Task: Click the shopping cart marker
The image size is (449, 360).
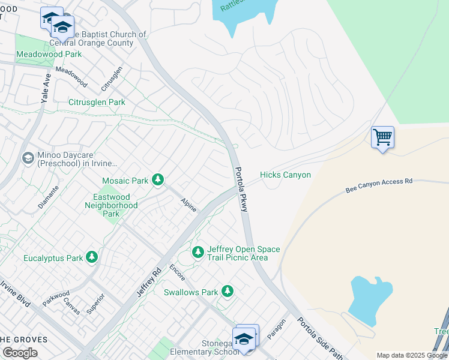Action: pos(382,137)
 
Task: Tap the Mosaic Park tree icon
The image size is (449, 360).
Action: pos(158,180)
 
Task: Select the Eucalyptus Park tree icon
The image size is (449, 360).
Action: pos(91,257)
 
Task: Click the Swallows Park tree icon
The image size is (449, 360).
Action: pos(227,291)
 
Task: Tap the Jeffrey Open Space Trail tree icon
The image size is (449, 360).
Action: pos(198,253)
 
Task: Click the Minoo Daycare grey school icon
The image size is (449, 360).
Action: pos(28,158)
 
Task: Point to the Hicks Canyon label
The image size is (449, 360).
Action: pos(285,175)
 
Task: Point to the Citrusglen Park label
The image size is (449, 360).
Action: pos(97,102)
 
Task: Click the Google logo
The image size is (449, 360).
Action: pos(20,353)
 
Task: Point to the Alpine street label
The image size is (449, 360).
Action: pos(189,205)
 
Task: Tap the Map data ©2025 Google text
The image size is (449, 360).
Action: pos(411,355)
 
